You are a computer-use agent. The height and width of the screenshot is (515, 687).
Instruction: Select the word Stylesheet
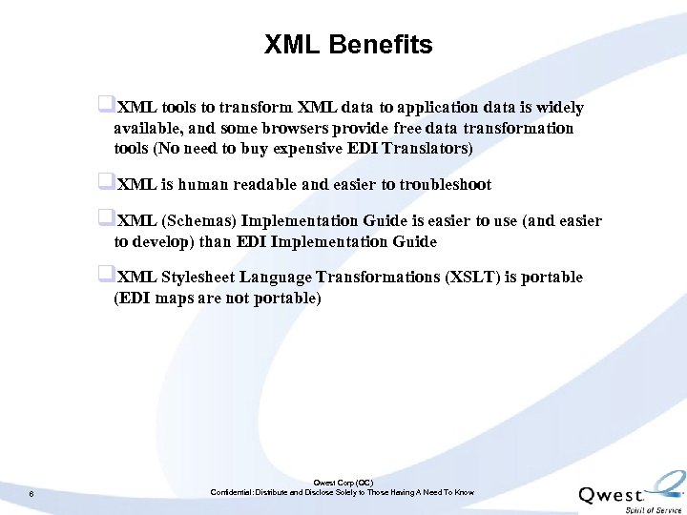coord(198,277)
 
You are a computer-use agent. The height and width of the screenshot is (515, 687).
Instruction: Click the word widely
coord(558,107)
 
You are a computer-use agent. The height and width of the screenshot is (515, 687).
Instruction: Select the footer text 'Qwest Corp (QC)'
coord(343,484)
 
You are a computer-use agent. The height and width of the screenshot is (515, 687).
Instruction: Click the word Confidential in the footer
coord(232,493)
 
